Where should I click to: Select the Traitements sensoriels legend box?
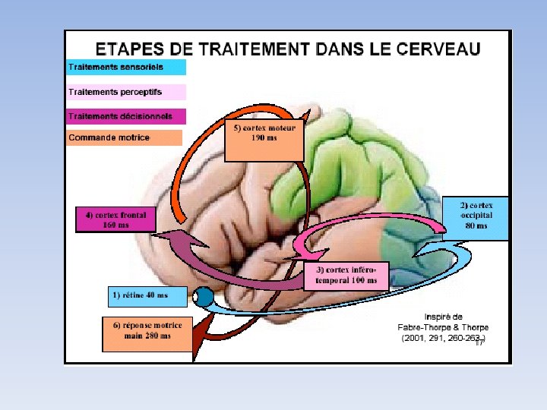coord(126,67)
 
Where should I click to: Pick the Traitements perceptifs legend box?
coord(126,92)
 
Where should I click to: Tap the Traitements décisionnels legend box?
coord(126,116)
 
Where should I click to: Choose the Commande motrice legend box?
coord(125,137)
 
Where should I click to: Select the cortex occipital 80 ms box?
coord(476,219)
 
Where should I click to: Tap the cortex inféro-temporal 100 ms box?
coord(346,275)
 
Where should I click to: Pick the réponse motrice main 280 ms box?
coord(147,334)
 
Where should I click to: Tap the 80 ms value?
coord(476,225)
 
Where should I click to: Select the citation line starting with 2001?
coord(443,339)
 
